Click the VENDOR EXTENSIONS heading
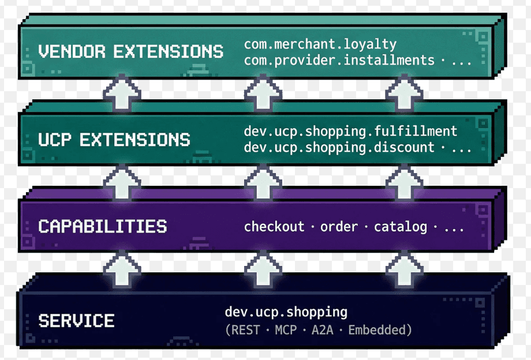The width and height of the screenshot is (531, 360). coord(130,51)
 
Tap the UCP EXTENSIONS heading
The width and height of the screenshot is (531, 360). coord(114,140)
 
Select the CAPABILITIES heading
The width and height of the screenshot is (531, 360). coord(102,226)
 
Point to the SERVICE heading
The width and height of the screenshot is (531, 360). coord(76,320)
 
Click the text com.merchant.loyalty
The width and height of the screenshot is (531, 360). coord(320,44)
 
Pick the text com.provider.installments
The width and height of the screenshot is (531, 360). coord(339,60)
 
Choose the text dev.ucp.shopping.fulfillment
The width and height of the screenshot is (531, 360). coord(350,132)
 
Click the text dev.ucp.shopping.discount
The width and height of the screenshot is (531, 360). coord(339,147)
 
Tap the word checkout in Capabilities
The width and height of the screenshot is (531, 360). coord(274,226)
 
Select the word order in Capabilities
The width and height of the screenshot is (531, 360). coord(339,226)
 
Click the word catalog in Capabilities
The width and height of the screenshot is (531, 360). coord(401,226)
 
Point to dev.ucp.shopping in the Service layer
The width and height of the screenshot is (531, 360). coord(286,313)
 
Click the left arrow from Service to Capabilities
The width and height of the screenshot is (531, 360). coord(122,267)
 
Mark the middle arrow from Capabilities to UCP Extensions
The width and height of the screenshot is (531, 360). coord(263,180)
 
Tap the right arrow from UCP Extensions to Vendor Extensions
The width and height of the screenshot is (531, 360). coord(405,92)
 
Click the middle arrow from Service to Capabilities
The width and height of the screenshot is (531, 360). coord(263,267)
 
